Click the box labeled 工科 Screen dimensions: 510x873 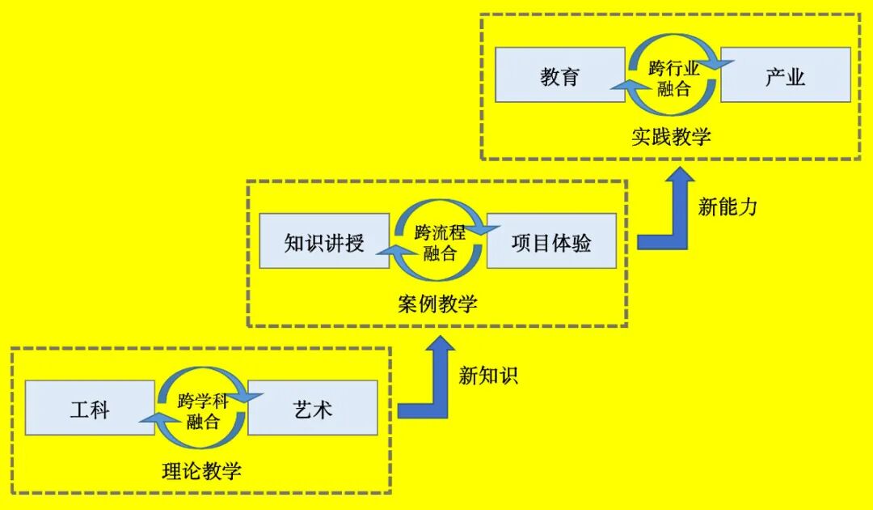89,409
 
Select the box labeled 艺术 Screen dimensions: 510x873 312,409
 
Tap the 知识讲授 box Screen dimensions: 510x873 324,242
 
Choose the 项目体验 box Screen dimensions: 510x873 550,242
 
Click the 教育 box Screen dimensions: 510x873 560,75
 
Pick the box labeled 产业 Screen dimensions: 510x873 785,75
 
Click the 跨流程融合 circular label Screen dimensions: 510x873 439,242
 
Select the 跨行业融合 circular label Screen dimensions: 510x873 673,77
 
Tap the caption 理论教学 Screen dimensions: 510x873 201,470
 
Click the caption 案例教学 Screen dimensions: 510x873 437,303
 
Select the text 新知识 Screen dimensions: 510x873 488,375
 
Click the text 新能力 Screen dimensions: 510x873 727,206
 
